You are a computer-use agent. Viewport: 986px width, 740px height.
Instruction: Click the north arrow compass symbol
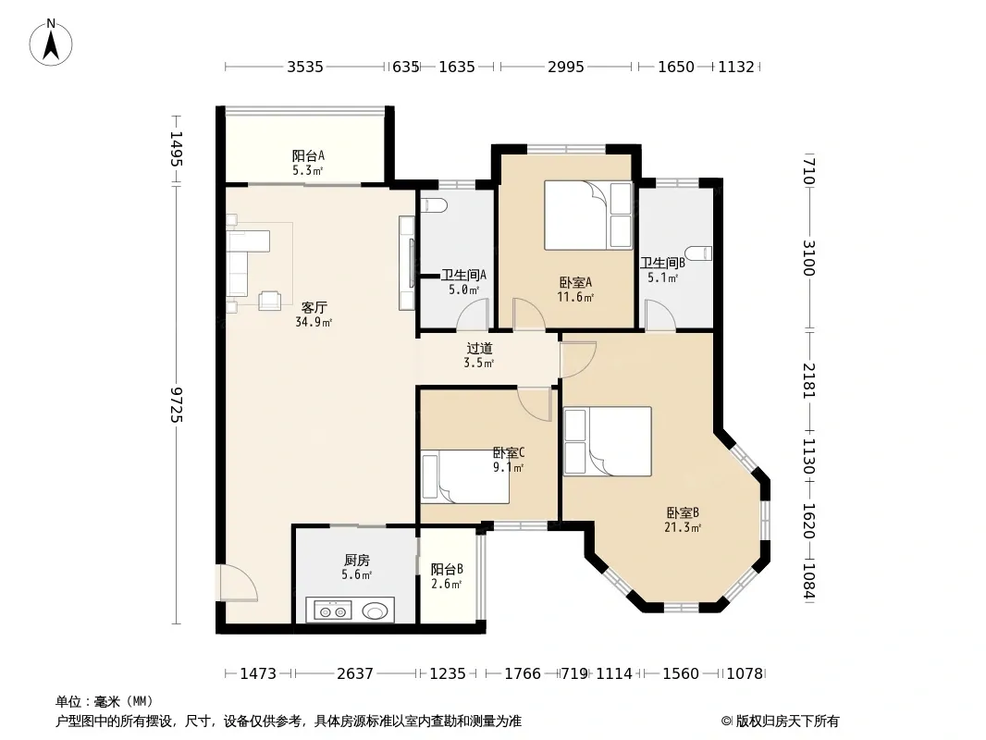pos(51,43)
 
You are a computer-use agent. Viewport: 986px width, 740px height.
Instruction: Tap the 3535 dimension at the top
pos(305,67)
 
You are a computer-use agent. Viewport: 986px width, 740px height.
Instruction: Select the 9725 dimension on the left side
pos(176,405)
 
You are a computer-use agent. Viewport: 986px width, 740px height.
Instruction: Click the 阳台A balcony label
pos(308,163)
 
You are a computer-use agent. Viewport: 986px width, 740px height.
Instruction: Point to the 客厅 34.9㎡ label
pos(314,314)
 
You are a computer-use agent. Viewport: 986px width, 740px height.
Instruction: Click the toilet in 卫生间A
pos(434,205)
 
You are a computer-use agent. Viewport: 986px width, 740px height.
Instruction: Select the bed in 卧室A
pos(588,216)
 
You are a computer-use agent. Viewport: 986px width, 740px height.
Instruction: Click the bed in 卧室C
pos(464,476)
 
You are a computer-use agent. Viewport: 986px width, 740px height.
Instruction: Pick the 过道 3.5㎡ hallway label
pos(479,355)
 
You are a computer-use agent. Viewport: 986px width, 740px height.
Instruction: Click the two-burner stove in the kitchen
pos(333,610)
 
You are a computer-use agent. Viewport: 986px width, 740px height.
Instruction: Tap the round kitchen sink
pos(376,610)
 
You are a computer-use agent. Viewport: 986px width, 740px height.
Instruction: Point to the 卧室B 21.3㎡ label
pos(683,520)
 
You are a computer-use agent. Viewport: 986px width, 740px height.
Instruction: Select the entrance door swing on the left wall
pos(237,584)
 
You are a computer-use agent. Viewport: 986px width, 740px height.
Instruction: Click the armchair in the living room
pos(270,300)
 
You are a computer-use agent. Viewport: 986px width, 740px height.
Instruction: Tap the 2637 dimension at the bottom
pos(355,674)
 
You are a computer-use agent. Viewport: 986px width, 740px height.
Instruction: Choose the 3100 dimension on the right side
pos(808,258)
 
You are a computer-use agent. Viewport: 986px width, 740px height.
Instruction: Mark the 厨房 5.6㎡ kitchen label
pos(356,566)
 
